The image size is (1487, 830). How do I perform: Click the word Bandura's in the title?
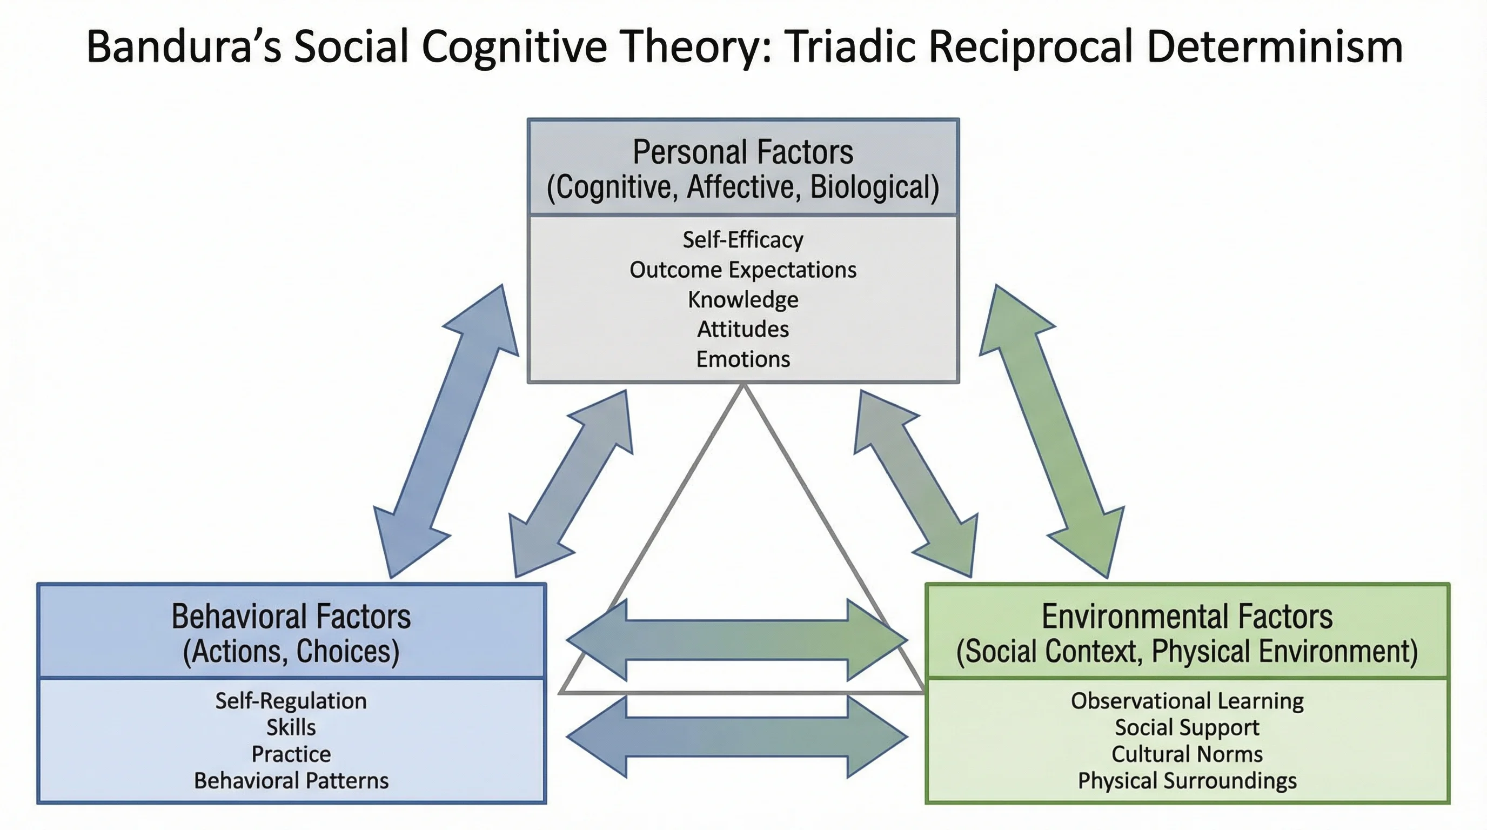click(184, 46)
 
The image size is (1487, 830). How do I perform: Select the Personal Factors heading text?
click(743, 152)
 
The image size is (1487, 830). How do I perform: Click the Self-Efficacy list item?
click(743, 239)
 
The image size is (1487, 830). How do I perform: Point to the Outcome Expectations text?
click(743, 270)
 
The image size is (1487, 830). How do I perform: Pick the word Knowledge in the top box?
click(743, 299)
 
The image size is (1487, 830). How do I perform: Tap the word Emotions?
click(743, 359)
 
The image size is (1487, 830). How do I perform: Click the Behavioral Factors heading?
click(291, 617)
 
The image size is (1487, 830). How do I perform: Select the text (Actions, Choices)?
click(291, 651)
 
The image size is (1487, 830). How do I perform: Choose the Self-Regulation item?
click(291, 701)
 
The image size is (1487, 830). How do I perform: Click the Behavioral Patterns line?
click(291, 780)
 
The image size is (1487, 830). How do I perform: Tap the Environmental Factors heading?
click(1187, 617)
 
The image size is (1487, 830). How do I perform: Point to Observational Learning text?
click(1187, 701)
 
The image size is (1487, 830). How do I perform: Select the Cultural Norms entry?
click(1187, 754)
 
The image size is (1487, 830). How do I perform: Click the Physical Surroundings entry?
click(1187, 780)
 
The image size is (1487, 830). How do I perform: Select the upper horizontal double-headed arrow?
click(736, 640)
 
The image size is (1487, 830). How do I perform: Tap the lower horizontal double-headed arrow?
click(736, 737)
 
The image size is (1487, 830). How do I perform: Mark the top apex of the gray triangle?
click(744, 388)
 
